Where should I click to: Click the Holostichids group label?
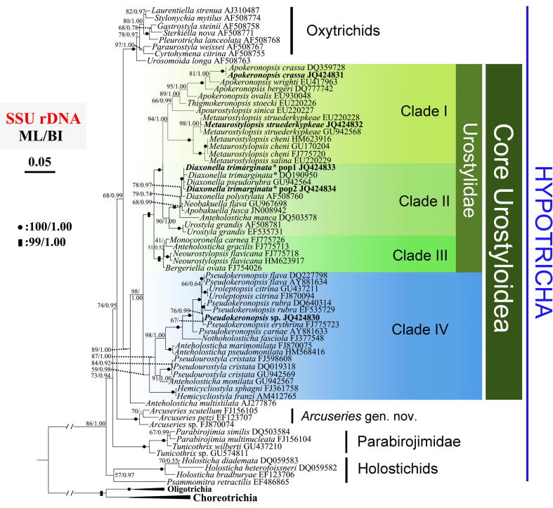pos(396,469)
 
